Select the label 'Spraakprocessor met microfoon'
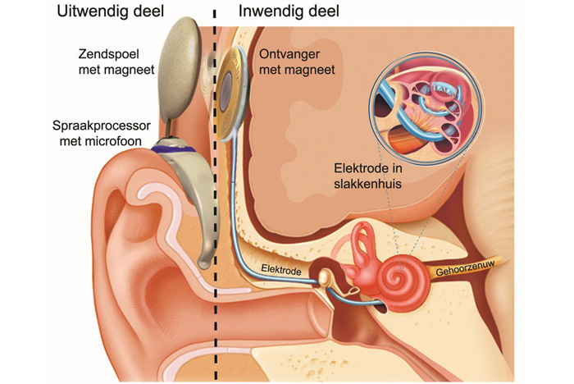click(x=100, y=135)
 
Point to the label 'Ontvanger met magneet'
click(x=297, y=62)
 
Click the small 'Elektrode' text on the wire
click(x=279, y=268)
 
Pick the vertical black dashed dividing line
click(x=215, y=205)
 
